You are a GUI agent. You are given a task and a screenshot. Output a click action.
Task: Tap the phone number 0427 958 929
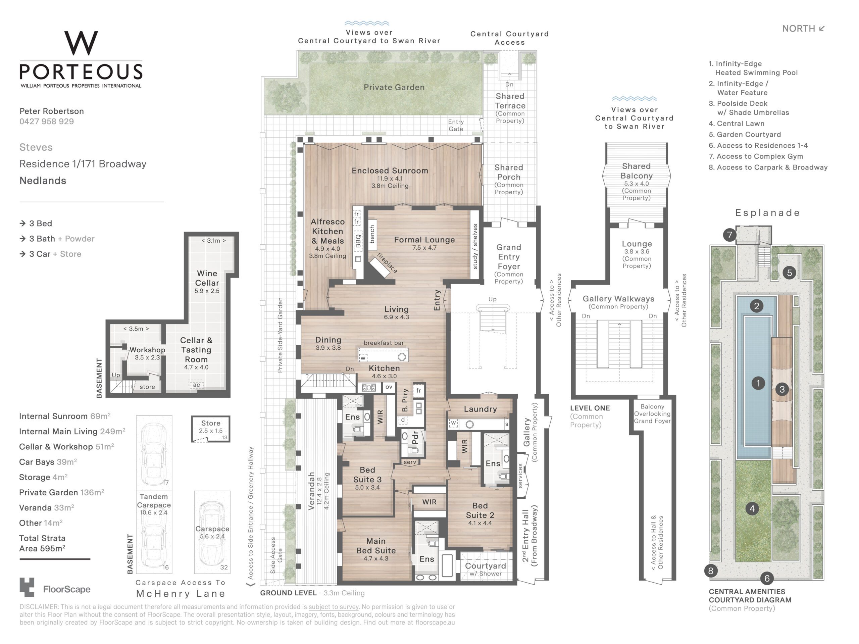tap(47, 121)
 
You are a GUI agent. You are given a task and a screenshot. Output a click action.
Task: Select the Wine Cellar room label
tap(207, 278)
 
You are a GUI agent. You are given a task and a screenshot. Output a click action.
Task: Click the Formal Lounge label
tap(424, 240)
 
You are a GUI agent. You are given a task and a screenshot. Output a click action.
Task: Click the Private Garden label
tap(394, 87)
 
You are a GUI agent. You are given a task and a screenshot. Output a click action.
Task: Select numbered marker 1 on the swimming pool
tap(758, 383)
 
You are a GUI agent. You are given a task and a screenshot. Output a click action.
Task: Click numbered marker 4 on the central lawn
tap(752, 508)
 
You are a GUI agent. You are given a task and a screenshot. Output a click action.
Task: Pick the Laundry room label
tap(481, 409)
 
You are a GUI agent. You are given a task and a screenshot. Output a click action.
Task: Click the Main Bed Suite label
tap(376, 546)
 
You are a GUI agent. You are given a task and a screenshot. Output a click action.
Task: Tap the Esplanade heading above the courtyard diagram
tap(768, 213)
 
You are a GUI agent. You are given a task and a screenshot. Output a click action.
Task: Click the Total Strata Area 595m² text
tap(42, 543)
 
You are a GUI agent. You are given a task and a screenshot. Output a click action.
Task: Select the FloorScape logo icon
tap(27, 587)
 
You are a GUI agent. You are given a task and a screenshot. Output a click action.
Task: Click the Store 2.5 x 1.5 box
tap(211, 429)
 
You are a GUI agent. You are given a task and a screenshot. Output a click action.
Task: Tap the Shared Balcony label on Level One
tap(636, 171)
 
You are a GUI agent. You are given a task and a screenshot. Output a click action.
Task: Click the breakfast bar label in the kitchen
tap(384, 343)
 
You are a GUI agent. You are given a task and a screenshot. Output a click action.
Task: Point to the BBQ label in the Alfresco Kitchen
tap(358, 240)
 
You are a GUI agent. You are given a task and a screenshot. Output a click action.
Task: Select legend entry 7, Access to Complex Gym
tap(756, 156)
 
